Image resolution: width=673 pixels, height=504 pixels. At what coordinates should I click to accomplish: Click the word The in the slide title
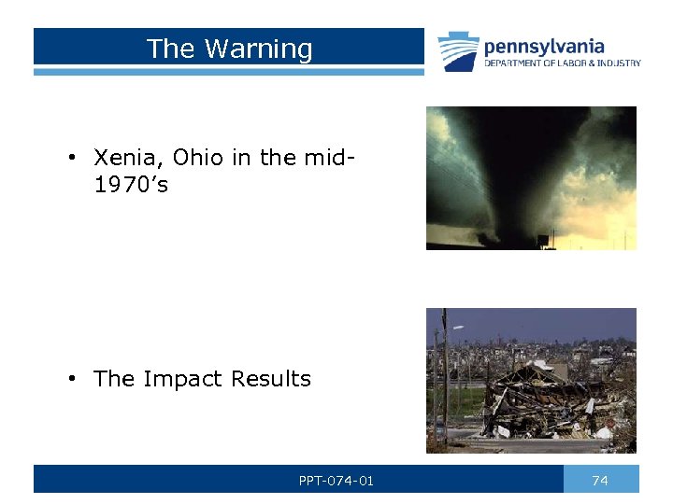click(x=171, y=49)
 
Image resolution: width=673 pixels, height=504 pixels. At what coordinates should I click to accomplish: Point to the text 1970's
click(x=131, y=185)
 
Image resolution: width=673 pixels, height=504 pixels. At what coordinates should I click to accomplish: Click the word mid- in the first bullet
click(x=330, y=158)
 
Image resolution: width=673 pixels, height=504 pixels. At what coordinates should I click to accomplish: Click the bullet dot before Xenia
click(x=71, y=159)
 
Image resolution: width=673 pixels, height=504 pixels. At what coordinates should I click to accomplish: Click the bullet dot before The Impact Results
click(x=71, y=379)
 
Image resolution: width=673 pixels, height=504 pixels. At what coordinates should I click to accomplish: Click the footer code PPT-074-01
click(x=336, y=481)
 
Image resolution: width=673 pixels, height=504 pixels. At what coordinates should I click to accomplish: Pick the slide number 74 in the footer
click(x=600, y=481)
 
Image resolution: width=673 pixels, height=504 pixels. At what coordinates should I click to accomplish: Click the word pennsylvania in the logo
click(x=543, y=47)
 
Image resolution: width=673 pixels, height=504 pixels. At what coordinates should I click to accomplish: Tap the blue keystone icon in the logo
click(x=458, y=51)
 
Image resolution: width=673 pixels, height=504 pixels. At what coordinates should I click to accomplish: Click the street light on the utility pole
click(x=457, y=327)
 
